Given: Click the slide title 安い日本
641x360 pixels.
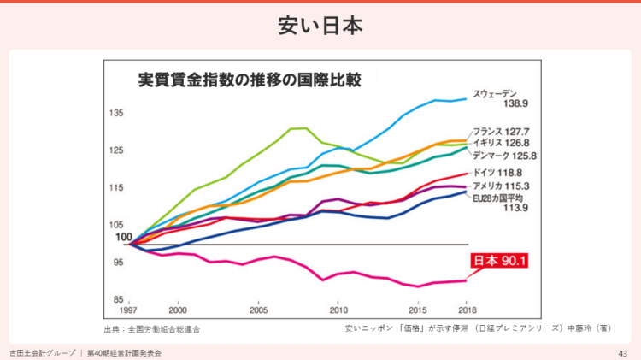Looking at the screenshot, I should pyautogui.click(x=320, y=26).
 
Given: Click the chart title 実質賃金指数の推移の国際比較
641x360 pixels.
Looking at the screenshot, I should pyautogui.click(x=250, y=81).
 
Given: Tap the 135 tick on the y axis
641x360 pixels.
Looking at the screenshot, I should pyautogui.click(x=116, y=113).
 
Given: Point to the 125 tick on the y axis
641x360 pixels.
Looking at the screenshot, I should pyautogui.click(x=116, y=150).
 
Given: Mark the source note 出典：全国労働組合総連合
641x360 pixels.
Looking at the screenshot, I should pyautogui.click(x=152, y=328).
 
